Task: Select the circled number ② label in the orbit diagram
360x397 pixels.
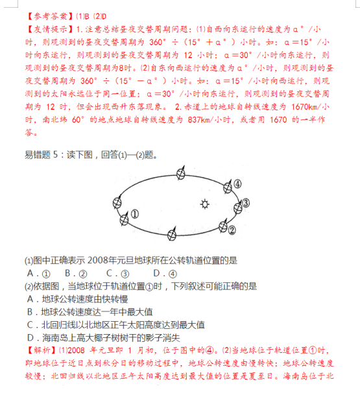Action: coord(232,229)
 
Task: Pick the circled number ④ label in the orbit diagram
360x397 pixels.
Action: coord(237,184)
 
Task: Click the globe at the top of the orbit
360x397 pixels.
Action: coord(180,174)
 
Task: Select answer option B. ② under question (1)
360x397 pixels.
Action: coord(77,272)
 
